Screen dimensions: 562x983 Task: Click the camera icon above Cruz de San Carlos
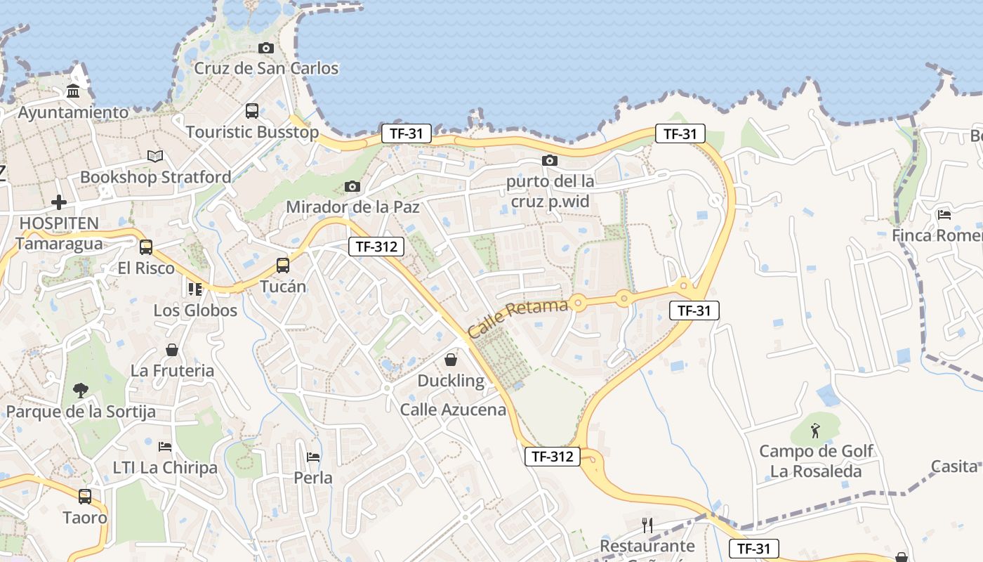coord(265,48)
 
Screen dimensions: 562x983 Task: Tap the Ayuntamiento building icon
coord(73,91)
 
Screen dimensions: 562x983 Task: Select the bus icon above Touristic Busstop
coord(251,110)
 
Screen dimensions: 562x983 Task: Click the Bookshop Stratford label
coord(155,177)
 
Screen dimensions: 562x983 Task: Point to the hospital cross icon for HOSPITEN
coord(59,202)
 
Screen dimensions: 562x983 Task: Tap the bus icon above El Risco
coord(146,247)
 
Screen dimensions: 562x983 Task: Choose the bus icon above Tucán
coord(283,265)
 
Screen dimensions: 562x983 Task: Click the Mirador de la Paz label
coord(352,207)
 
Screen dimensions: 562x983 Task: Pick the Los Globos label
coord(195,310)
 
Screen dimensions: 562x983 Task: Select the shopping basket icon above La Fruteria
coord(172,349)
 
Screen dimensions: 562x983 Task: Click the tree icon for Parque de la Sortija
coord(81,390)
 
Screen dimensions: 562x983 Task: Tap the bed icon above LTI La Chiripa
coord(165,446)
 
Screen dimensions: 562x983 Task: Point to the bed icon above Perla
coord(313,457)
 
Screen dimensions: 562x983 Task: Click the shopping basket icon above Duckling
coord(451,360)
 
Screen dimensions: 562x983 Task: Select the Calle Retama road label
coord(517,318)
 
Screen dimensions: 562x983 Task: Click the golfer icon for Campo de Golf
coord(815,430)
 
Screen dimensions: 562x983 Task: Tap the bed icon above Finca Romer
coord(944,214)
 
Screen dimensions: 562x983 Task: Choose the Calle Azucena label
coord(453,410)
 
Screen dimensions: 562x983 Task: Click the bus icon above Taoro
coord(85,496)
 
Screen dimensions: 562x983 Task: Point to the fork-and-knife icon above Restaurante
coord(647,525)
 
